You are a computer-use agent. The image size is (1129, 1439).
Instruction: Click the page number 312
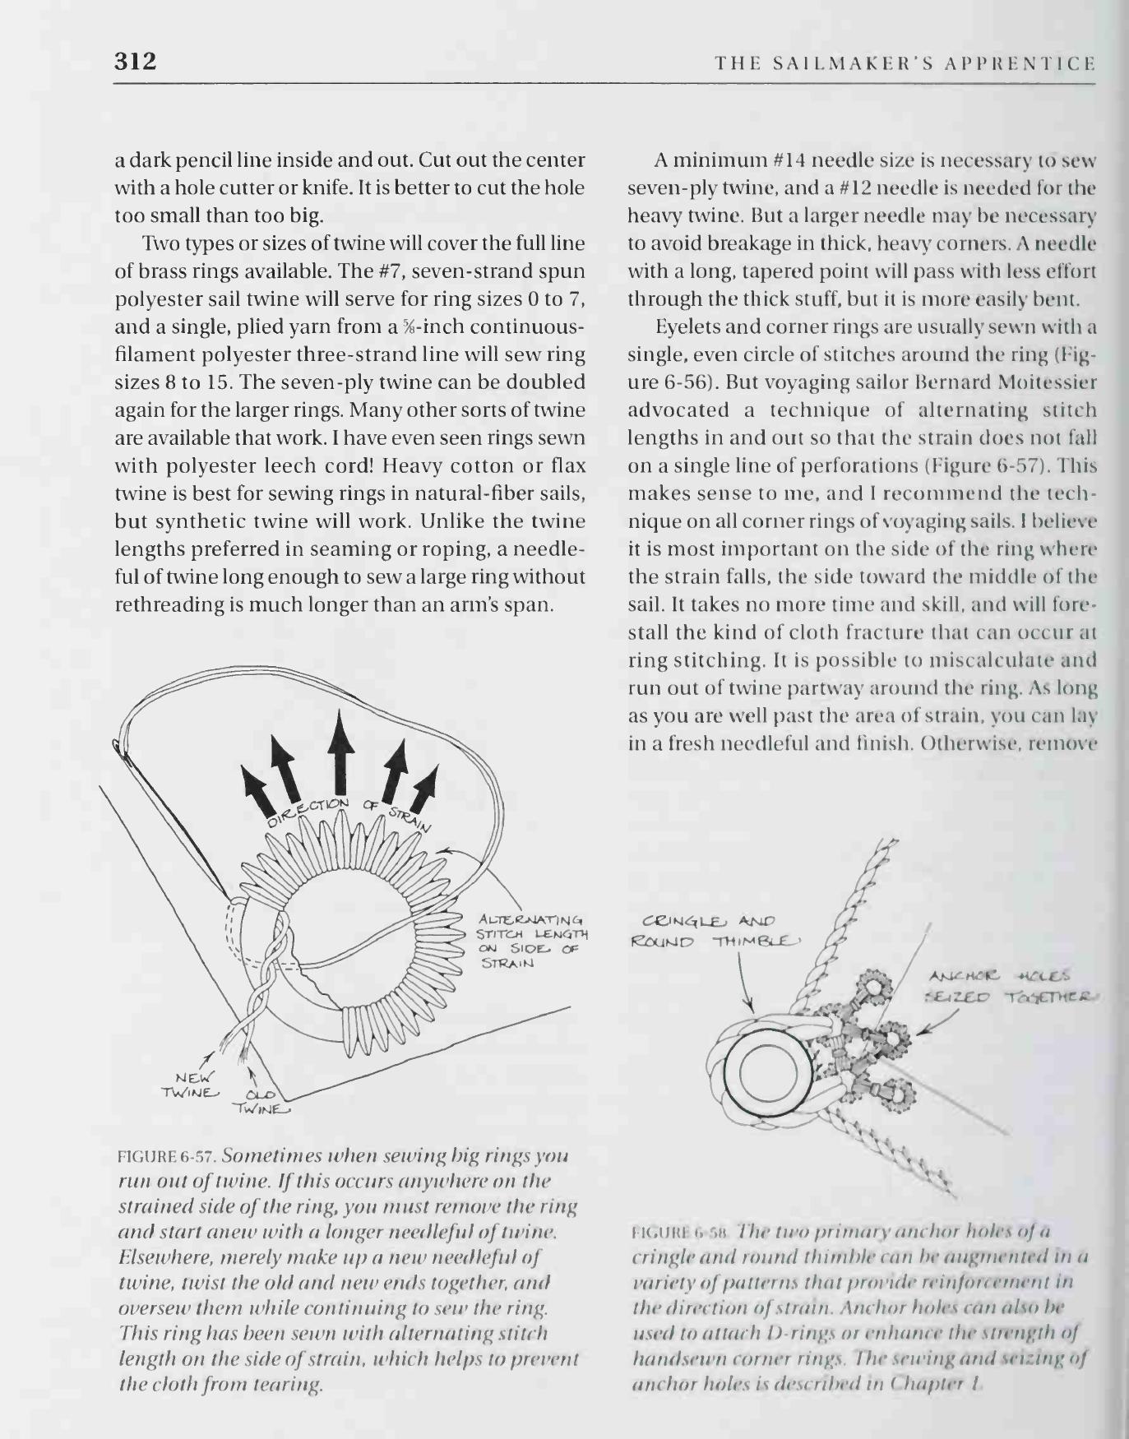coord(135,61)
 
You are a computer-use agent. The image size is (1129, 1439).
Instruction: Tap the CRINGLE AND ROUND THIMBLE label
coord(713,931)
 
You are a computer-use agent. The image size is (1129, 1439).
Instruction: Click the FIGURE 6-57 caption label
coord(168,1155)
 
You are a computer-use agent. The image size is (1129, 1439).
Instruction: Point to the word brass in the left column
coord(150,271)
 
